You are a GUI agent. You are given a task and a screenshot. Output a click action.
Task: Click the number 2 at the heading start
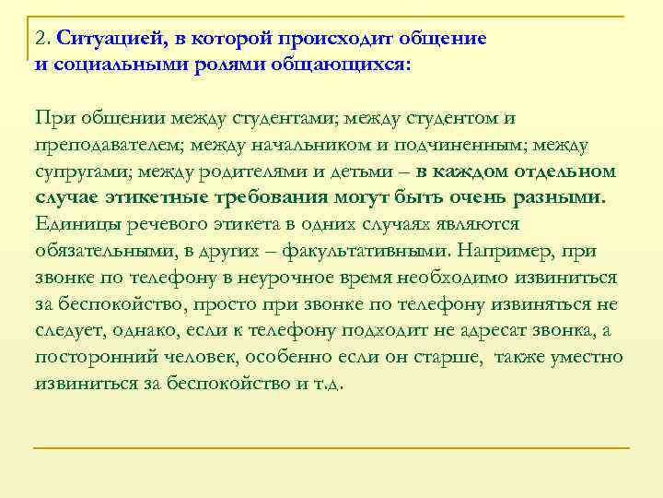click(x=39, y=40)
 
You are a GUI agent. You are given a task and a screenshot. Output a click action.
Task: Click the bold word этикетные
click(x=161, y=198)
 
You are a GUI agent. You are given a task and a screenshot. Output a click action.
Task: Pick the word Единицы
click(x=75, y=225)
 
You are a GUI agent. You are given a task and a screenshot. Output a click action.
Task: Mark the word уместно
click(x=585, y=358)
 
